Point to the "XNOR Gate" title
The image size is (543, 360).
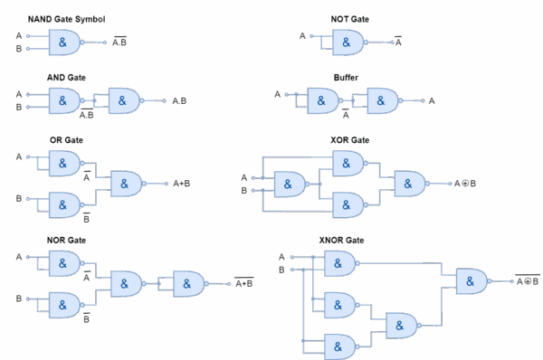pyautogui.click(x=341, y=240)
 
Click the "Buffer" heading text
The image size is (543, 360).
pyautogui.click(x=346, y=79)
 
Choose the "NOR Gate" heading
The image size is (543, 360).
pyautogui.click(x=65, y=240)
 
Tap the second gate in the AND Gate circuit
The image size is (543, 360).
pyautogui.click(x=124, y=100)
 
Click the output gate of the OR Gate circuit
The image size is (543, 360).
pyautogui.click(x=126, y=184)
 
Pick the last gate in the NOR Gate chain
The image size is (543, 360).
pyautogui.click(x=189, y=284)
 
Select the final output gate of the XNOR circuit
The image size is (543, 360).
pyautogui.click(x=472, y=281)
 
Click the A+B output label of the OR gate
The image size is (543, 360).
pyautogui.click(x=181, y=184)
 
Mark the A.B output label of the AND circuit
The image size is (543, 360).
pyautogui.click(x=181, y=101)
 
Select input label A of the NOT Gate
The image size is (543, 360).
pyautogui.click(x=302, y=36)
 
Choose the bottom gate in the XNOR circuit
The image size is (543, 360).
pyautogui.click(x=339, y=346)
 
